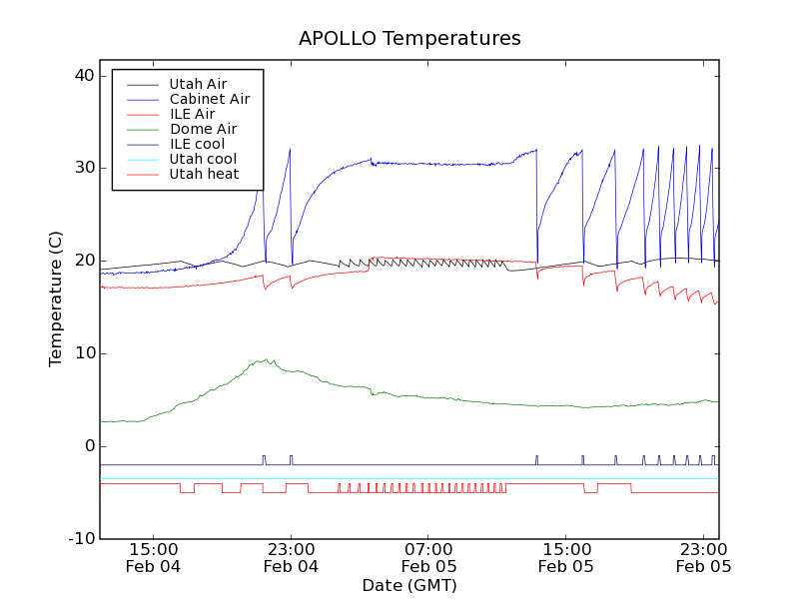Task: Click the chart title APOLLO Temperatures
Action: point(409,39)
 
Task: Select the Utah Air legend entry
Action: point(198,84)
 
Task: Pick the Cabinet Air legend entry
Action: point(209,99)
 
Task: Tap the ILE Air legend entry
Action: point(192,114)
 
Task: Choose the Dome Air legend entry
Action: point(203,129)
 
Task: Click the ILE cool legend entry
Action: point(197,144)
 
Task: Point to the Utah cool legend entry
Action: point(203,159)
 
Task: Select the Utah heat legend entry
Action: point(203,174)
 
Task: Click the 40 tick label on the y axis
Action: point(83,76)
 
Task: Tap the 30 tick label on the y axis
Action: point(83,168)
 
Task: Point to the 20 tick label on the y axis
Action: point(83,261)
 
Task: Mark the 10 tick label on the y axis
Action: point(83,353)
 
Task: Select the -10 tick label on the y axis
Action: point(80,539)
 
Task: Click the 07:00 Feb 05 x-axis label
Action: point(428,557)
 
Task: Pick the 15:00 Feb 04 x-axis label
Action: point(154,557)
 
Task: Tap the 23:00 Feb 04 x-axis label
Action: point(291,557)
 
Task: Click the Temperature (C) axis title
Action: point(56,298)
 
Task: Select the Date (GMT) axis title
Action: point(409,585)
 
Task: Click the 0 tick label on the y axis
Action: point(88,446)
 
